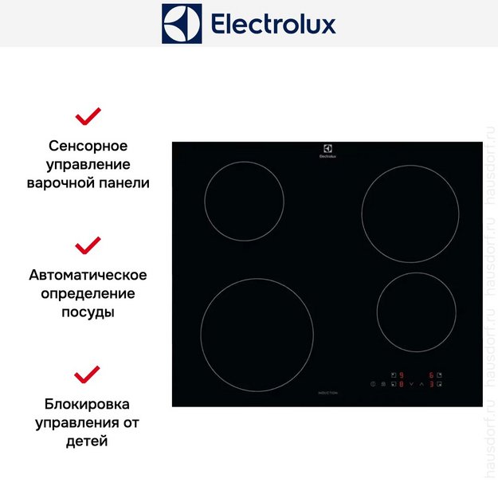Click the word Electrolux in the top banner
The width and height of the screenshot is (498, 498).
click(x=273, y=24)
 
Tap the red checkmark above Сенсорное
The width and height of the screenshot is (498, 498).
click(x=88, y=117)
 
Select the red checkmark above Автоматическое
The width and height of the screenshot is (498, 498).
click(x=88, y=245)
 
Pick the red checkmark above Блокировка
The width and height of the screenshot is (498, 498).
click(x=88, y=374)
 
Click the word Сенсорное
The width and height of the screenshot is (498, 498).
click(x=88, y=147)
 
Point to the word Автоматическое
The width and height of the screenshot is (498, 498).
click(x=88, y=275)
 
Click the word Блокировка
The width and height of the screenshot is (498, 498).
click(x=88, y=404)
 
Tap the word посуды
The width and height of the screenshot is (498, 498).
click(x=88, y=312)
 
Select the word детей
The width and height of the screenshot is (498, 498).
click(x=88, y=441)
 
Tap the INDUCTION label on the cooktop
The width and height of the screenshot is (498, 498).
click(x=327, y=394)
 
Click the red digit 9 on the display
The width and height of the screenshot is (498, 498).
click(x=402, y=374)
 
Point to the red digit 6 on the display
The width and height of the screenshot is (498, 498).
click(x=431, y=374)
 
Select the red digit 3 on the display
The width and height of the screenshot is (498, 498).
click(x=431, y=385)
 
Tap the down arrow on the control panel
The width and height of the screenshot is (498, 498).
click(x=411, y=385)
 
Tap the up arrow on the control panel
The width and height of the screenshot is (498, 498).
click(x=422, y=385)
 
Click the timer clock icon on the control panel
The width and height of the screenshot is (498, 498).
click(x=372, y=385)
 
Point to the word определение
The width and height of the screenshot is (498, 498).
click(x=88, y=293)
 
